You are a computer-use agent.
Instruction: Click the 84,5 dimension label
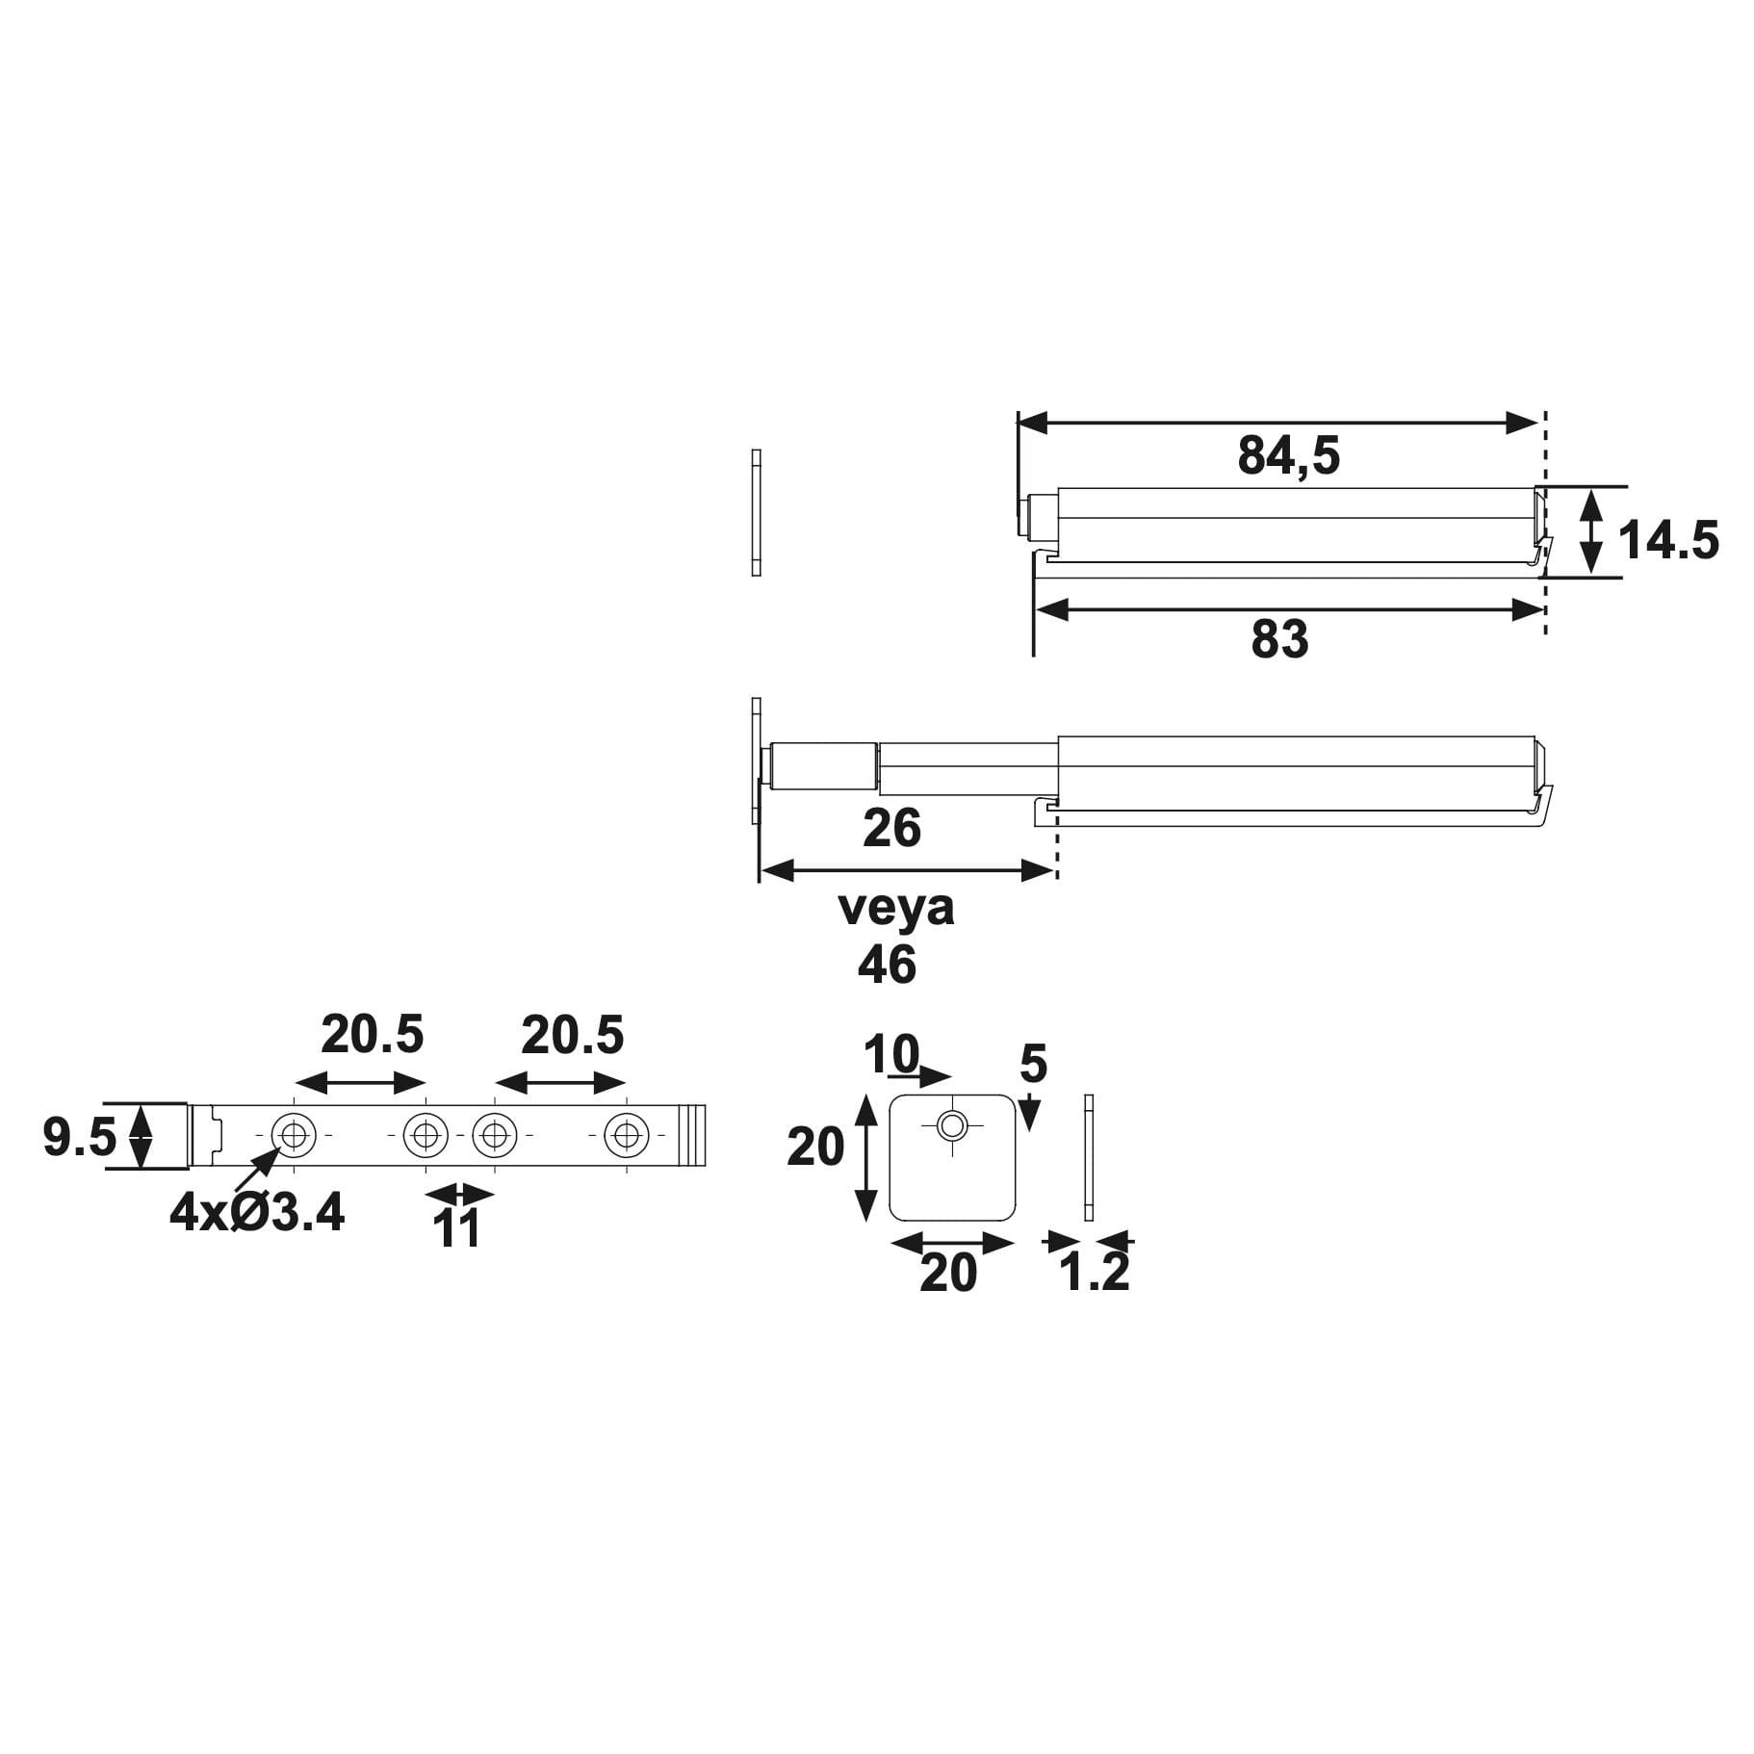(1288, 455)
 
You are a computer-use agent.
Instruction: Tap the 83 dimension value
(1279, 639)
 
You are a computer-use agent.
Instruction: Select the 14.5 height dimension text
(1667, 540)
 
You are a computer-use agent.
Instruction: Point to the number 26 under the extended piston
(891, 828)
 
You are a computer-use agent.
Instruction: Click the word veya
(896, 908)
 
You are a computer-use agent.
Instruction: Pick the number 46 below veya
(887, 965)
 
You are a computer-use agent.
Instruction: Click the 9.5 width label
(79, 1138)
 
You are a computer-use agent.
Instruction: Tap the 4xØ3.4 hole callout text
(256, 1212)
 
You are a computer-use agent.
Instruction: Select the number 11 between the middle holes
(457, 1229)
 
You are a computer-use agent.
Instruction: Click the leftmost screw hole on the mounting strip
(294, 1135)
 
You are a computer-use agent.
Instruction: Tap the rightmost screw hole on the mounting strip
(627, 1135)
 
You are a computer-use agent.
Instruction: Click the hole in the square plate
(953, 1124)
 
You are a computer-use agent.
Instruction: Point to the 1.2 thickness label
(1094, 1273)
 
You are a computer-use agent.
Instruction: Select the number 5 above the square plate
(1033, 1065)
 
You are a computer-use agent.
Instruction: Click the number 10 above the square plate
(891, 1054)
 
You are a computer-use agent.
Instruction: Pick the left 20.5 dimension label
(372, 1035)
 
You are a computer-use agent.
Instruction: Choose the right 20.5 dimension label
(572, 1036)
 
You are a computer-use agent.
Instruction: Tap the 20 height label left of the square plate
(815, 1148)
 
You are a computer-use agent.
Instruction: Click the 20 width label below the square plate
(948, 1274)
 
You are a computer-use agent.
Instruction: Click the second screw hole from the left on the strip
(426, 1135)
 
